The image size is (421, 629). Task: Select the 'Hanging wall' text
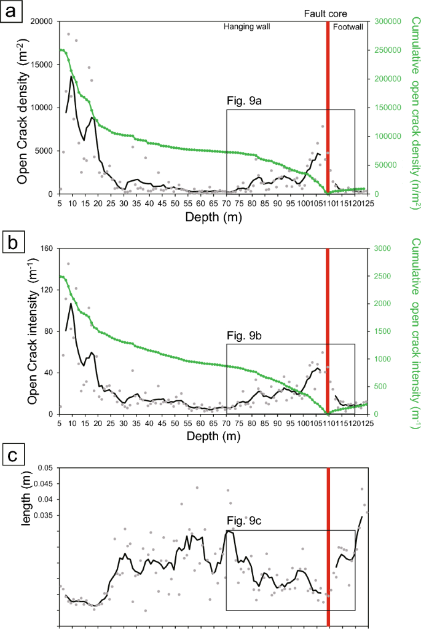coord(246,27)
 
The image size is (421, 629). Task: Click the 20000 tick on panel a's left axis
coord(41,22)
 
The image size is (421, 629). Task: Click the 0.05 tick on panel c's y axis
coord(45,468)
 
